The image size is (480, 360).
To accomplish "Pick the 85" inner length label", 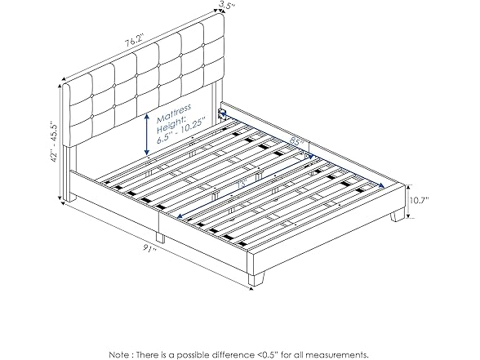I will [297, 142].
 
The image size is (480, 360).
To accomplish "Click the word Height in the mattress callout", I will [169, 118].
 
